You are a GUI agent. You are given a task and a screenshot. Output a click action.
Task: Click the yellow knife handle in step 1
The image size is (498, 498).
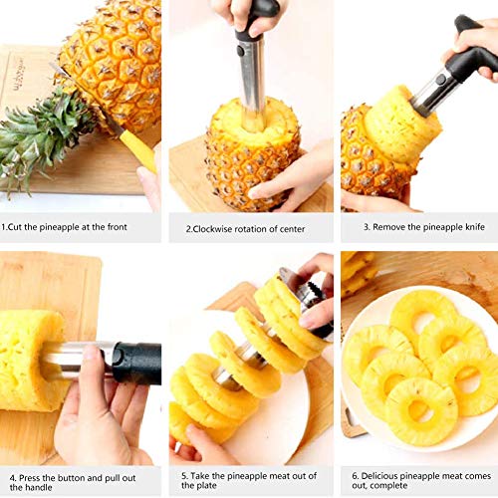tap(138, 150)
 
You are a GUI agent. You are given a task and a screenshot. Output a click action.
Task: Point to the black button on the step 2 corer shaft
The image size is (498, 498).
tap(240, 51)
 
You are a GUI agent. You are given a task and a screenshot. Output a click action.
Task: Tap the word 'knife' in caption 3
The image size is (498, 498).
tap(475, 227)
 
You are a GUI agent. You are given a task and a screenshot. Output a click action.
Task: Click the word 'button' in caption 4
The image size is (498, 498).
tap(72, 478)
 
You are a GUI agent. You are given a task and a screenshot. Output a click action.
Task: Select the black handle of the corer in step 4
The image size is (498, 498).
tap(136, 364)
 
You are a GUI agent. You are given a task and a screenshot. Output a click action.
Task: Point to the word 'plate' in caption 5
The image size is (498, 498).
tap(208, 485)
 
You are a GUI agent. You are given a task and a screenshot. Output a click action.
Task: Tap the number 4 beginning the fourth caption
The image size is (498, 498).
tap(13, 478)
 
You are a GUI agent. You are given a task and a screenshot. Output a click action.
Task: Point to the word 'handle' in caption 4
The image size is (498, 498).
tap(41, 487)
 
